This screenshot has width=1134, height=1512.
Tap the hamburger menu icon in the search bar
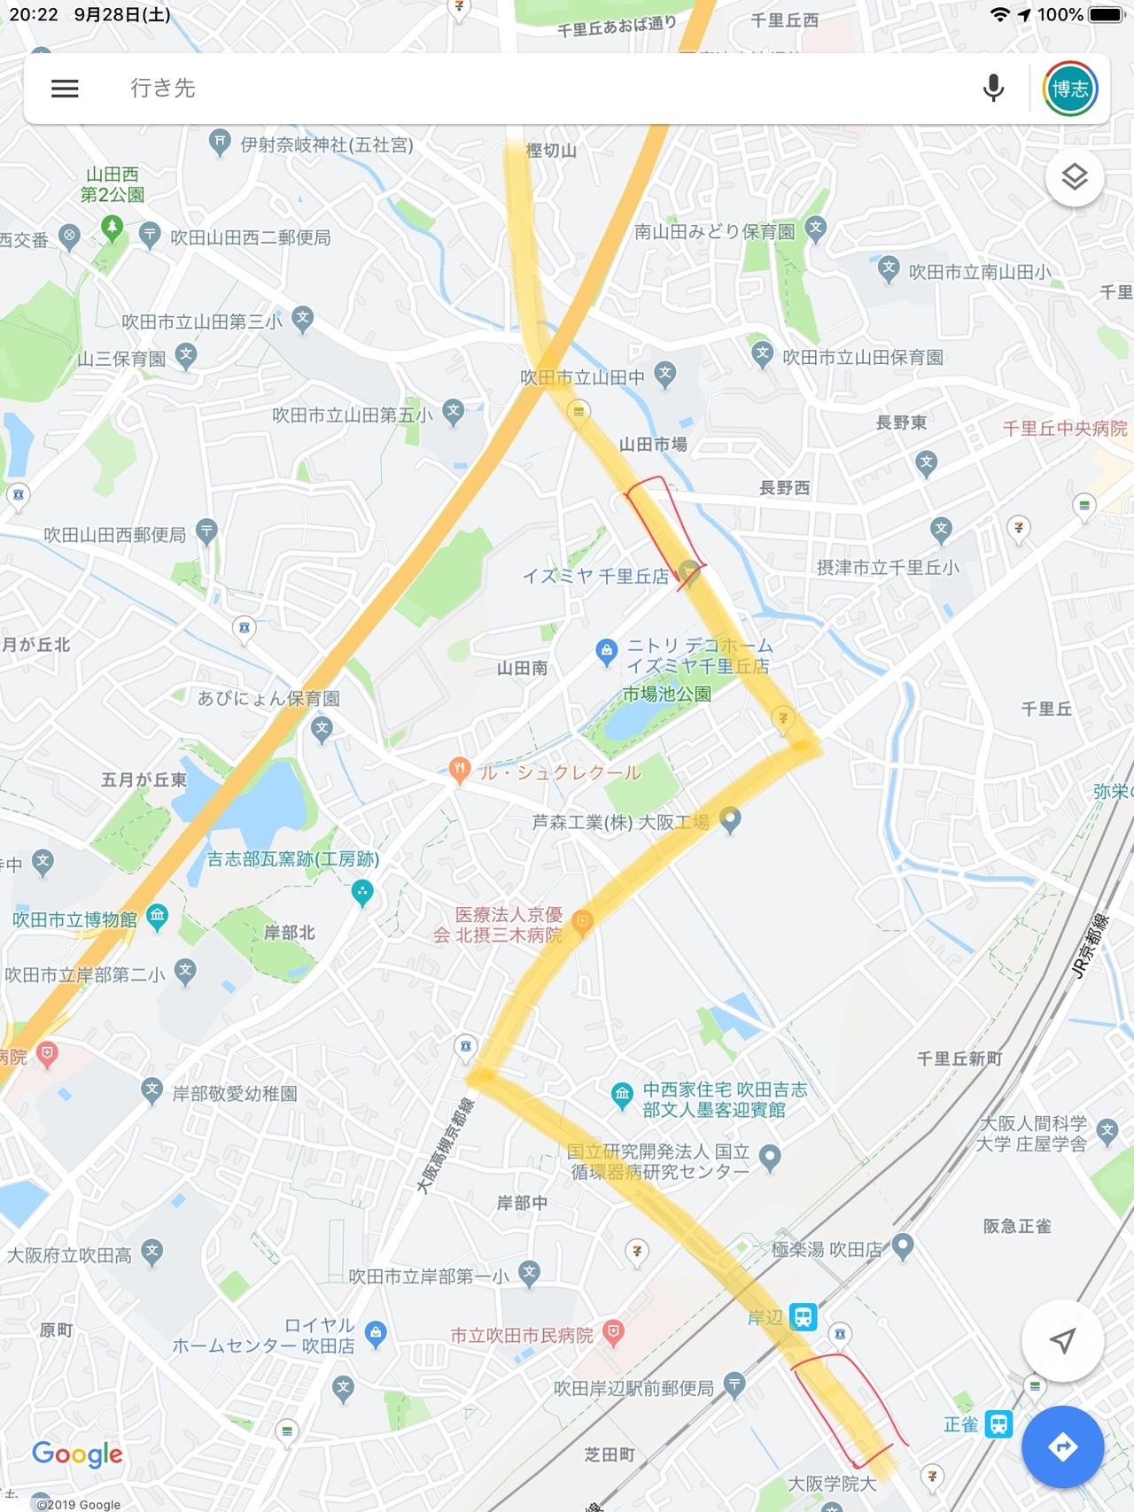[65, 89]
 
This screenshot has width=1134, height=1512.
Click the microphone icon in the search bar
[993, 89]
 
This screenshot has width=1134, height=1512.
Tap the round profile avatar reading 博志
[1070, 89]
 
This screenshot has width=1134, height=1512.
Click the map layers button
[1074, 177]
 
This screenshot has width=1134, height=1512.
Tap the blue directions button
[1062, 1446]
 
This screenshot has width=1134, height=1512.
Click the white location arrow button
[1062, 1341]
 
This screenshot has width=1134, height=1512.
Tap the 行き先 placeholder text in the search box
[163, 89]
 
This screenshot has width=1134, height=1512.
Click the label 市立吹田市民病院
[522, 1335]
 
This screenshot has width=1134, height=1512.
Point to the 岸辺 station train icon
[803, 1316]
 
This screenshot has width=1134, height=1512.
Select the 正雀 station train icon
[998, 1424]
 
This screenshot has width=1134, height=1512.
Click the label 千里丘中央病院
[1064, 429]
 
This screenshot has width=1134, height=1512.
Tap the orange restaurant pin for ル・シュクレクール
[459, 770]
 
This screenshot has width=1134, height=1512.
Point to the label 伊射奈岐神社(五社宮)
[327, 145]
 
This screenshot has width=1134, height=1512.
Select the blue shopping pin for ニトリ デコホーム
[606, 652]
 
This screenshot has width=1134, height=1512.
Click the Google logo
[77, 1454]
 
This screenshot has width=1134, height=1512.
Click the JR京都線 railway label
[1090, 945]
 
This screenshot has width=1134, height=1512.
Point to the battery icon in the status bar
[1105, 15]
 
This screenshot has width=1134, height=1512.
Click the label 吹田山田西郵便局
[115, 535]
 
